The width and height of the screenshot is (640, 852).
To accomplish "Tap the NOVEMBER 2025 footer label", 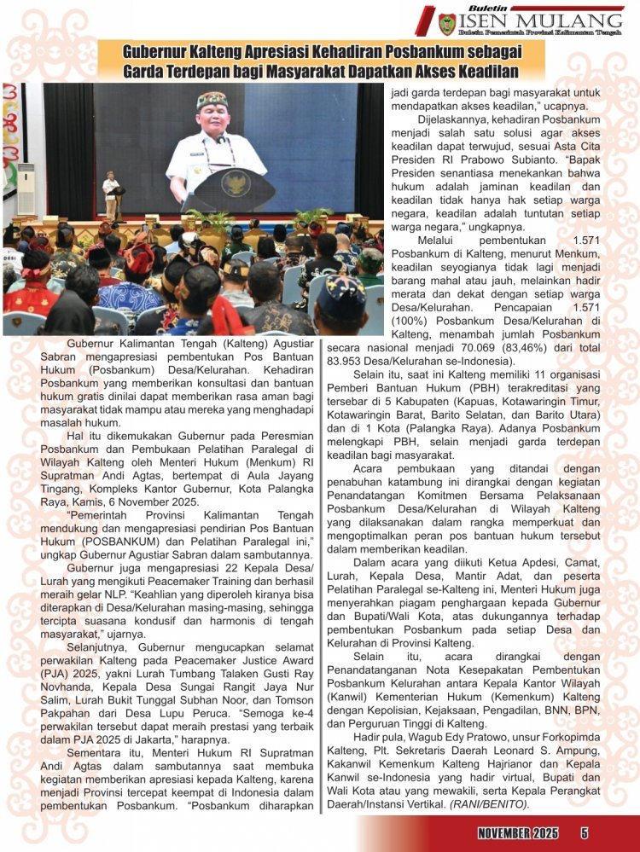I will click(x=518, y=832).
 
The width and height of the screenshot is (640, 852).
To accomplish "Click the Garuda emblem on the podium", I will click(x=235, y=181).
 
